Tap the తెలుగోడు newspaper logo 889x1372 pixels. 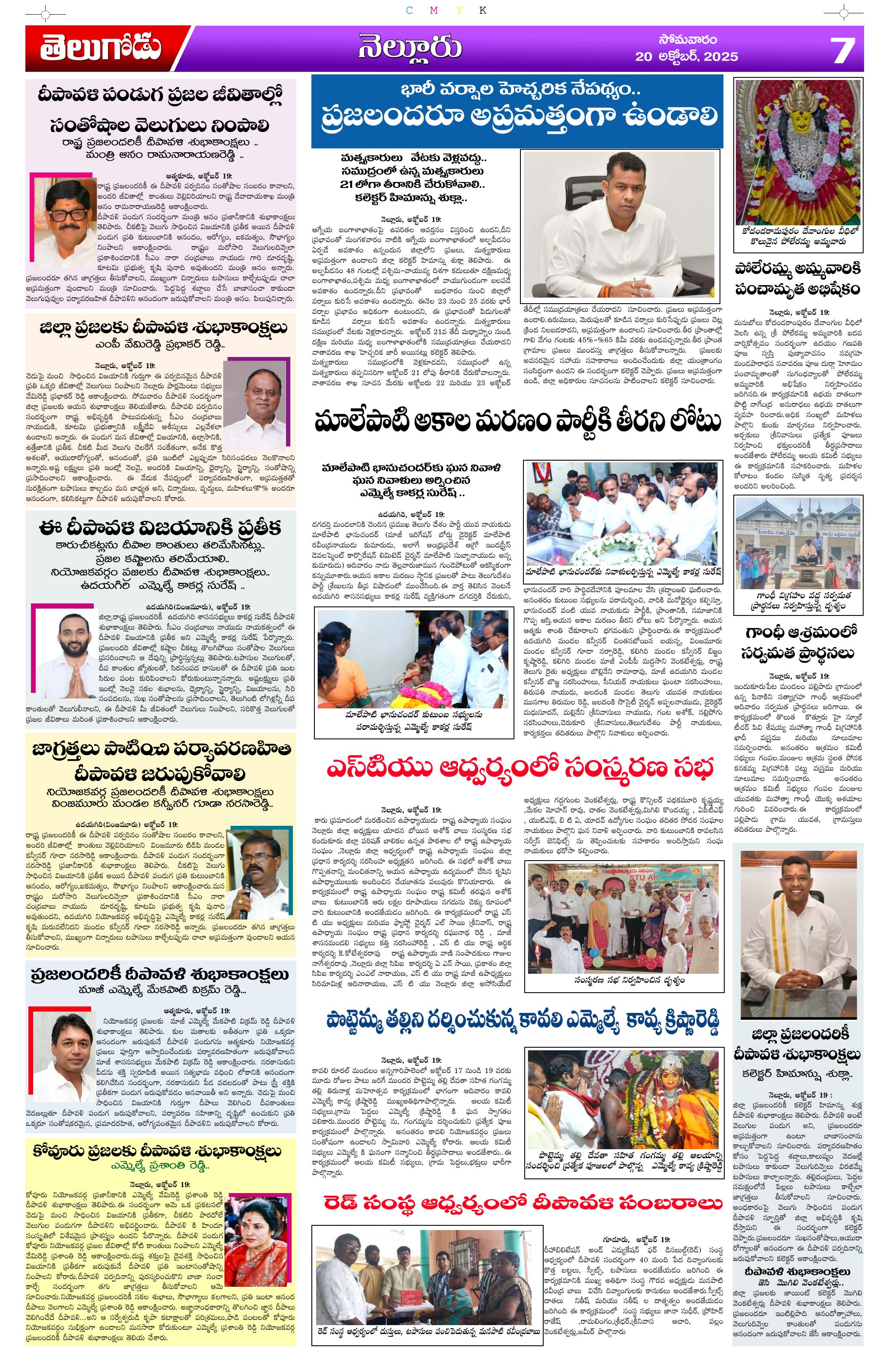(101, 49)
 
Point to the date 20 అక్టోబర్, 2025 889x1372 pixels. (686, 56)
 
